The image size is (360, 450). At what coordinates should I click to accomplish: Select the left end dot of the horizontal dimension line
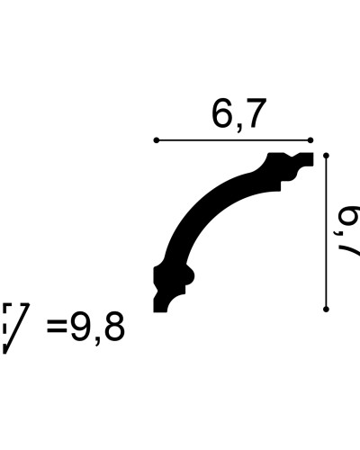[157, 140]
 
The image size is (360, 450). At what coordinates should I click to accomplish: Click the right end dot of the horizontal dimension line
[310, 140]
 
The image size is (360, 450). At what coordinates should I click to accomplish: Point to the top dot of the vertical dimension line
[326, 156]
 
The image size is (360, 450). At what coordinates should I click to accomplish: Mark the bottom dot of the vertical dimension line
[326, 309]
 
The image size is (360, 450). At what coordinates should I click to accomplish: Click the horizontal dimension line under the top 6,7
[233, 140]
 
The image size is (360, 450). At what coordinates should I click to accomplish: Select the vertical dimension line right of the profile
[326, 232]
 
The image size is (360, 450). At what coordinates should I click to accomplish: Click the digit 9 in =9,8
[80, 327]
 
